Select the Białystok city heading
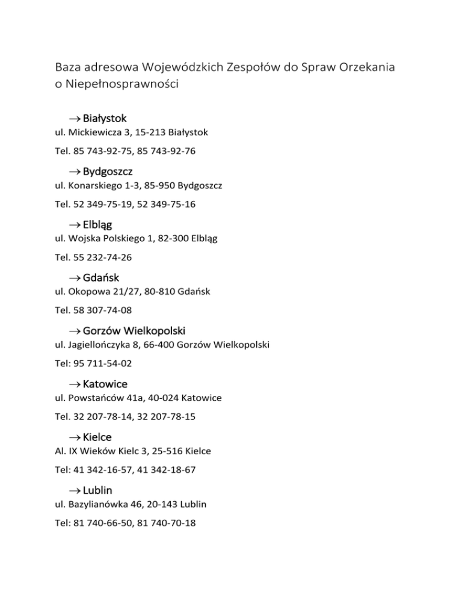click(105, 119)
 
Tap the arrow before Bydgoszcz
click(73, 172)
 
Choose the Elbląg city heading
click(97, 224)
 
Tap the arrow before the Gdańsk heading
click(73, 277)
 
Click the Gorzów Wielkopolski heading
click(134, 330)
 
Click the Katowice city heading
click(105, 383)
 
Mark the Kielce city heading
click(97, 436)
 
